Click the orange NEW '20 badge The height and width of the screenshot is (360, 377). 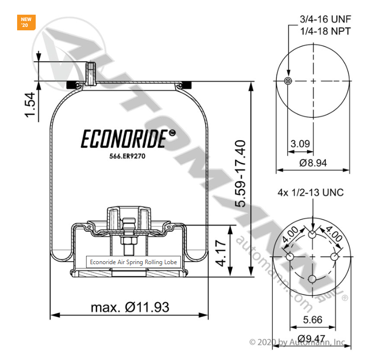click(x=25, y=22)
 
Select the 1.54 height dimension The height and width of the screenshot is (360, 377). click(x=30, y=105)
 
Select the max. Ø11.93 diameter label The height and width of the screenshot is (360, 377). click(x=130, y=307)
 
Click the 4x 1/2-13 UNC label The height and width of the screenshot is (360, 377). click(x=310, y=192)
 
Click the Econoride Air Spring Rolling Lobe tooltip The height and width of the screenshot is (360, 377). click(x=134, y=262)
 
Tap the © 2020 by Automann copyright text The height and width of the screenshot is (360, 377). click(x=297, y=342)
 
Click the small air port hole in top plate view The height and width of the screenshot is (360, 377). click(x=288, y=81)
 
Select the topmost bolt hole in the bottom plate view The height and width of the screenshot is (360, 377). click(x=312, y=234)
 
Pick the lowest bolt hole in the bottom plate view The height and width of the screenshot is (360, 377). click(x=312, y=279)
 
